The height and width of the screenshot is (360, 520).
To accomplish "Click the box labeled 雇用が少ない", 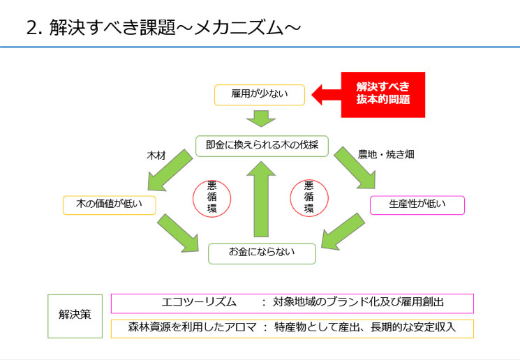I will pos(259,94).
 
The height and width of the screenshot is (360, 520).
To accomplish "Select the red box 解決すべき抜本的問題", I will pos(382,93).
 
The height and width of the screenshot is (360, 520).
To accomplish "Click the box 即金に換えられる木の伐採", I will pos(262,146).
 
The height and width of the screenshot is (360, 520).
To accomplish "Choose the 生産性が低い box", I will pos(417,205).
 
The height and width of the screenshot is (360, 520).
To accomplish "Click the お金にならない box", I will pos(262,253).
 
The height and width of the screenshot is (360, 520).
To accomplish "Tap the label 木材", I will pos(156,154).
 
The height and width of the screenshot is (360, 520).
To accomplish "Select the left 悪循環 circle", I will pos(211,197).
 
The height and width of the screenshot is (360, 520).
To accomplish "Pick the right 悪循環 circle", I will pos(309,197).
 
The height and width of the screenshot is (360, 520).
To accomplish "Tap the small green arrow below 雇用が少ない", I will pos(262,118).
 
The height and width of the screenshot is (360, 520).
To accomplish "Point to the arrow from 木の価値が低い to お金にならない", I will pos(179,232).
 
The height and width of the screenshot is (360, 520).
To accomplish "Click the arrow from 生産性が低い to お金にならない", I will pos(343,232).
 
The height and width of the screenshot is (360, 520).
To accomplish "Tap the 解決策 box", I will pos(75,315).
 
